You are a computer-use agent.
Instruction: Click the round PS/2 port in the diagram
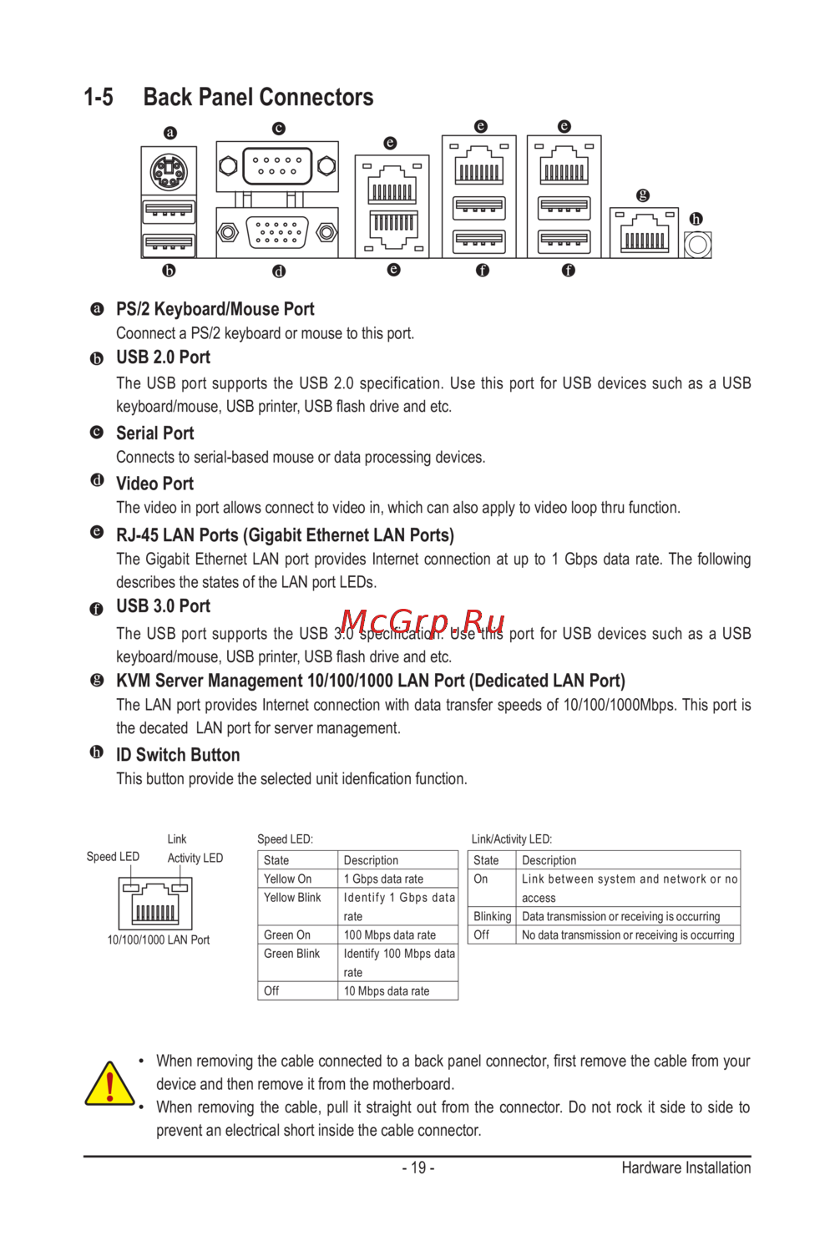point(169,173)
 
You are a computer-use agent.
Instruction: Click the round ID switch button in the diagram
point(697,245)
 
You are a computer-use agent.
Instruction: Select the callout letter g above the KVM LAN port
point(642,195)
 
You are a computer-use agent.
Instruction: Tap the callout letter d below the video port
point(279,271)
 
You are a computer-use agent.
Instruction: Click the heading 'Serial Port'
point(154,433)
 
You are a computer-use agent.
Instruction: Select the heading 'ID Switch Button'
point(178,755)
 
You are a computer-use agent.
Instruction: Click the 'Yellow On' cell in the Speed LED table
point(288,879)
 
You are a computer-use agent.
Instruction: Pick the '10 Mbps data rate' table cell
point(387,991)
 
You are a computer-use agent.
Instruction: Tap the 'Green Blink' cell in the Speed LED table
point(292,954)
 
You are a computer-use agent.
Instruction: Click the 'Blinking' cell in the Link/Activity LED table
point(493,916)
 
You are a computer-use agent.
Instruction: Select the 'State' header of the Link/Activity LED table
point(486,860)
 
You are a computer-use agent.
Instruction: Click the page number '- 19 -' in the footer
point(417,1168)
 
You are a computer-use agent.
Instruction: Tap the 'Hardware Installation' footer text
point(686,1168)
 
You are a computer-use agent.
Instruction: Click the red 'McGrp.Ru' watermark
point(423,622)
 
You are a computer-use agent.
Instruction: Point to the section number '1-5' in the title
point(99,98)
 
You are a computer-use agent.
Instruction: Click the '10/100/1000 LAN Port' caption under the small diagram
point(159,940)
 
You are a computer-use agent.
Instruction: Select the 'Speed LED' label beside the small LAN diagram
point(113,857)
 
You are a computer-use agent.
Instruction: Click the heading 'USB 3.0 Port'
point(163,606)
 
